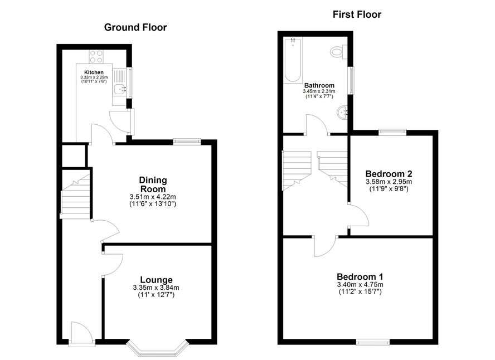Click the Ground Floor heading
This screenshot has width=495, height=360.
click(135, 27)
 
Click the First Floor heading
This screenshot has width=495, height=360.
click(357, 14)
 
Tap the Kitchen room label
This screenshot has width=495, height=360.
click(94, 72)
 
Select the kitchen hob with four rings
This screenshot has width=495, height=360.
click(96, 57)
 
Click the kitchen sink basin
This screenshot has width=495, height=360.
click(120, 89)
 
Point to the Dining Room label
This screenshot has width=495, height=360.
click(153, 184)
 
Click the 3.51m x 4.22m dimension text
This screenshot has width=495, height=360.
click(153, 197)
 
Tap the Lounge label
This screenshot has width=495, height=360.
click(156, 280)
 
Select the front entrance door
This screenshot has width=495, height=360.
click(81, 334)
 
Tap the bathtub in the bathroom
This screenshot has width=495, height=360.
click(293, 60)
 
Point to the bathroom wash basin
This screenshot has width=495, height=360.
click(342, 113)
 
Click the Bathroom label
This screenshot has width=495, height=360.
click(319, 85)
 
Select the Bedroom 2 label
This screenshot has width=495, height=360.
click(389, 174)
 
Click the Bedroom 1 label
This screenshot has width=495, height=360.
click(360, 277)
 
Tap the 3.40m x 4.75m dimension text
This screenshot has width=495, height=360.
click(360, 285)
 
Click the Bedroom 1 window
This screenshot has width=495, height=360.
click(372, 342)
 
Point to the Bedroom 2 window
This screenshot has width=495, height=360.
click(392, 133)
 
